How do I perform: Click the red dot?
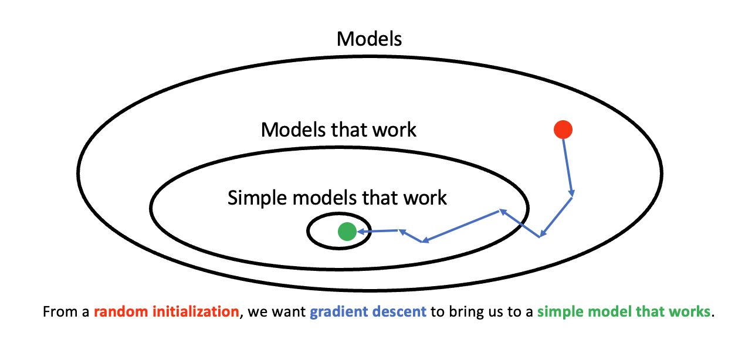pos(563,130)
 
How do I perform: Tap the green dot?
pos(347,232)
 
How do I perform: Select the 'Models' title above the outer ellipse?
pos(369,39)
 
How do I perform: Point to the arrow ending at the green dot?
pos(377,231)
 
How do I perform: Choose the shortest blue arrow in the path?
pos(411,236)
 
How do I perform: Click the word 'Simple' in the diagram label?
pos(257,198)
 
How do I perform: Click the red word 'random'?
pos(121,312)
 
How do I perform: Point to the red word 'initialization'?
pos(195,312)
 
